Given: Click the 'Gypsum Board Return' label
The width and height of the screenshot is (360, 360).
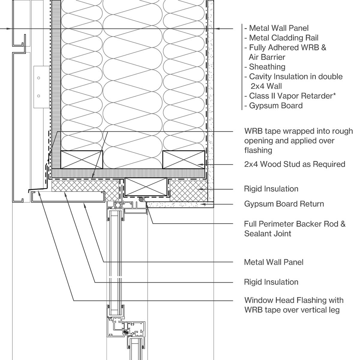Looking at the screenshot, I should [x=284, y=204].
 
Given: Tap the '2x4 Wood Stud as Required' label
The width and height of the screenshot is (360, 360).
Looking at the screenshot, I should [x=295, y=164].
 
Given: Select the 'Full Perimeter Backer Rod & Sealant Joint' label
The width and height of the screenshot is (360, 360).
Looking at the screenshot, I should [x=295, y=229].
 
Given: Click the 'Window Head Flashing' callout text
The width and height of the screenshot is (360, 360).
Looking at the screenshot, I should [x=294, y=305].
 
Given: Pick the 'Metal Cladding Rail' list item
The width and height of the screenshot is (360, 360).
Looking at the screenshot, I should [x=281, y=38].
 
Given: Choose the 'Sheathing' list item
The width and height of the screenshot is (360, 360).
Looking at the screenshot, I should [x=265, y=67].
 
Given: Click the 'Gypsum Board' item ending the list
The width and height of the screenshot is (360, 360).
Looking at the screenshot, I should [x=273, y=106].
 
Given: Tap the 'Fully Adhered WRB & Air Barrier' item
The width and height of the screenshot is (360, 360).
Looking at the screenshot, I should [x=285, y=52].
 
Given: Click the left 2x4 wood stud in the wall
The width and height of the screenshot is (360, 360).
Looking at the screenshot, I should [x=82, y=159].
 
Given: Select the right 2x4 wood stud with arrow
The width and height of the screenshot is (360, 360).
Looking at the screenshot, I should [x=184, y=159].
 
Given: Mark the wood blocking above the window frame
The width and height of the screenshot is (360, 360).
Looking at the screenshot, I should [x=145, y=187].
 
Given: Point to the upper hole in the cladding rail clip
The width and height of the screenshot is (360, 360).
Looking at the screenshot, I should [x=39, y=78].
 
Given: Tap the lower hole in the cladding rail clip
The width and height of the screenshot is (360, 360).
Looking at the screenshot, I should [x=39, y=96].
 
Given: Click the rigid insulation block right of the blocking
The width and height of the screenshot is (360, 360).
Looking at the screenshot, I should [x=188, y=190].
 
